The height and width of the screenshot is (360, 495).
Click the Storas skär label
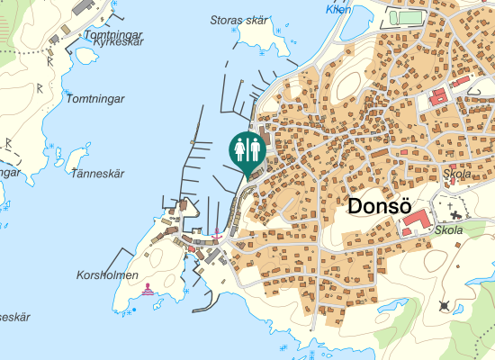[238, 20]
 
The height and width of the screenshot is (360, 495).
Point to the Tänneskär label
[96, 174]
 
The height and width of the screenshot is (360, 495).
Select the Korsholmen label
[108, 274]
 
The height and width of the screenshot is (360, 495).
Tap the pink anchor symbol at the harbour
[216, 235]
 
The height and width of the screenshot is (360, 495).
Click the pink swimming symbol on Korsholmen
[147, 289]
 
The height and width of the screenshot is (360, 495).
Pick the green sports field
[409, 16]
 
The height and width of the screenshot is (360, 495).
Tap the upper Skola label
[457, 175]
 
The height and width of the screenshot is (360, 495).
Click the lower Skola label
[447, 230]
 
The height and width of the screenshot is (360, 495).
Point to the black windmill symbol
[445, 307]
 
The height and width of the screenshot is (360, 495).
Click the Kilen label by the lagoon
[339, 9]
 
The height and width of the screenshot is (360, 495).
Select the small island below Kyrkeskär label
[86, 56]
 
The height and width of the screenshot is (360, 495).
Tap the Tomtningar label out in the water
[94, 98]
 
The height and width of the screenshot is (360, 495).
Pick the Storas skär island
[261, 38]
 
